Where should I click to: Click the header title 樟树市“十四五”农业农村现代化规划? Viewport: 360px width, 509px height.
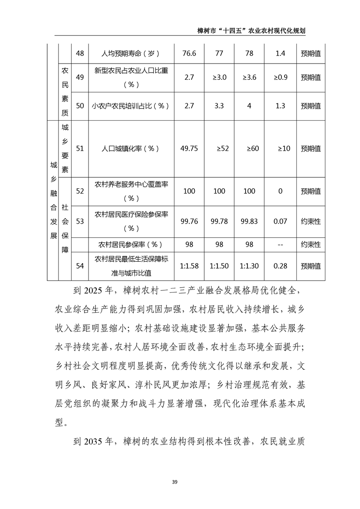tap(251, 30)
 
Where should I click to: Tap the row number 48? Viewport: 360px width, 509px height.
tap(80, 54)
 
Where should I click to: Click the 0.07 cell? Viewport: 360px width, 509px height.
tap(280, 221)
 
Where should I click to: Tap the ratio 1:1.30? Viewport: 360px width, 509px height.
tap(249, 266)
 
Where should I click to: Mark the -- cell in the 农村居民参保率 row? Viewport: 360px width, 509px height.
tap(280, 245)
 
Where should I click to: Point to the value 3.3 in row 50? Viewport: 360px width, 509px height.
tap(219, 106)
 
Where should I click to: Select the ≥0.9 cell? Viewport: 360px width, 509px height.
tap(280, 77)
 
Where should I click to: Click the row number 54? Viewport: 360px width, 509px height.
tap(80, 266)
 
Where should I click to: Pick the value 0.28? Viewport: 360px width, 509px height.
tap(280, 266)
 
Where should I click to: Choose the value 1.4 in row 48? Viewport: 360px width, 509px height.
tap(280, 54)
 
